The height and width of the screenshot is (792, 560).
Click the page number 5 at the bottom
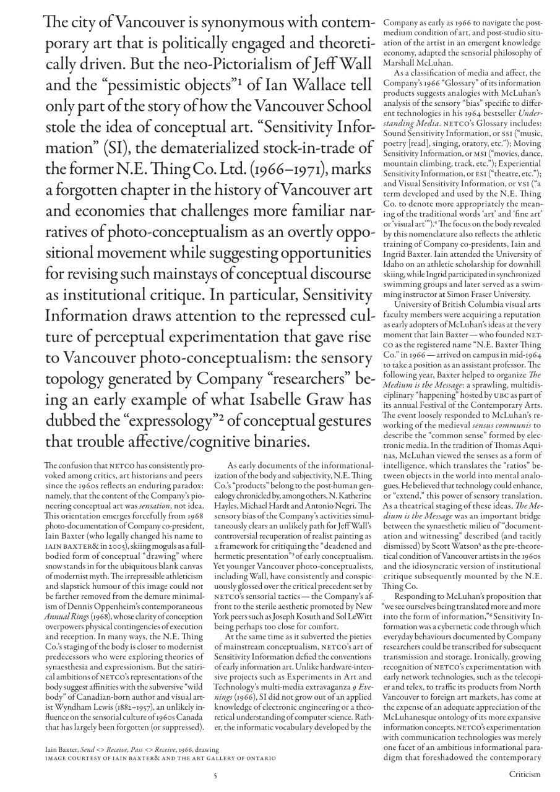pyautogui.click(x=215, y=774)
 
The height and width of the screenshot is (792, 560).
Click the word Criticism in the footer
pyautogui.click(x=525, y=774)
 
